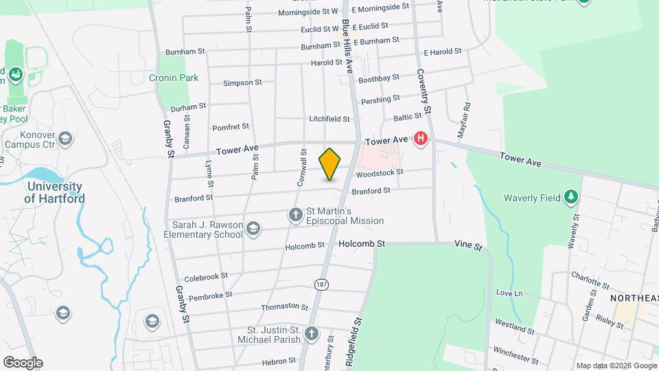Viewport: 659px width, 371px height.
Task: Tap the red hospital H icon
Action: pyautogui.click(x=421, y=140)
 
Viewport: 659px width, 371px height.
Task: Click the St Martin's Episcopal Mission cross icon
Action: pyautogui.click(x=296, y=216)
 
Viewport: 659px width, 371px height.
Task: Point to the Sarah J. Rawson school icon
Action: pyautogui.click(x=253, y=229)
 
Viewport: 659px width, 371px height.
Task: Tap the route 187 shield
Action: pyautogui.click(x=321, y=284)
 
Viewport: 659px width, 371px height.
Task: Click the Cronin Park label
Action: pyautogui.click(x=174, y=78)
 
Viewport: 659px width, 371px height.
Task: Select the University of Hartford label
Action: pyautogui.click(x=55, y=192)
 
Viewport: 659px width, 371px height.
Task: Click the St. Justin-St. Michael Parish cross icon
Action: pyautogui.click(x=312, y=335)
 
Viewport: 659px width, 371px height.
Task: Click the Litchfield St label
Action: pyautogui.click(x=329, y=119)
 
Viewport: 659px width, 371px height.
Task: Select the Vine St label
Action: pyautogui.click(x=469, y=245)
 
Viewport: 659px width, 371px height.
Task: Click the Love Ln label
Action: pyautogui.click(x=509, y=293)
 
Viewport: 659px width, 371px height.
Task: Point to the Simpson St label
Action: pyautogui.click(x=242, y=82)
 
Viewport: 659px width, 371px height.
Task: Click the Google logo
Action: pyautogui.click(x=23, y=362)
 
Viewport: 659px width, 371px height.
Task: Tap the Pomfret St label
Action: pyautogui.click(x=231, y=126)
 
